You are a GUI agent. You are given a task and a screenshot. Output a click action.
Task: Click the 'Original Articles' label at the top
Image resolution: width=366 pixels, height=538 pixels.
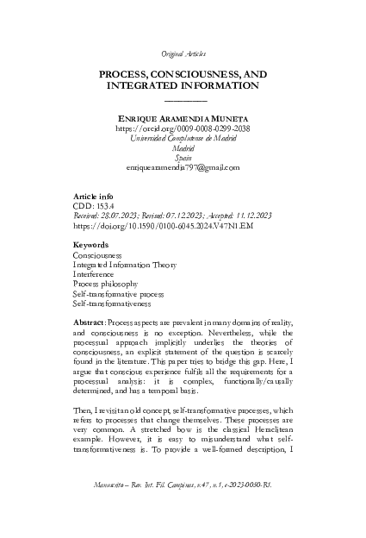coord(182,53)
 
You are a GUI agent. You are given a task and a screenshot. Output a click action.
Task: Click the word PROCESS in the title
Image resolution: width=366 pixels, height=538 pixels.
coord(128,75)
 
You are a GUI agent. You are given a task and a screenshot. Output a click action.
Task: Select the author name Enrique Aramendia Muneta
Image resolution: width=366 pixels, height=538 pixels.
coord(182,116)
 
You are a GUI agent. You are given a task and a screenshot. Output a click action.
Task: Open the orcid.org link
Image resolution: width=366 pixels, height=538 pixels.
coord(182,127)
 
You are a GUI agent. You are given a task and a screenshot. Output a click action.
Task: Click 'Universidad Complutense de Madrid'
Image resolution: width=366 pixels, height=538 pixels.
coord(182,137)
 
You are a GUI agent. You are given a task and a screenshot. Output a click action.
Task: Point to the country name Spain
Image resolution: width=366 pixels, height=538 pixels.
coord(182,157)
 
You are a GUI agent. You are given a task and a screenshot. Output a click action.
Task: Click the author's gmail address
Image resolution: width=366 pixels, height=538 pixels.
coord(182,167)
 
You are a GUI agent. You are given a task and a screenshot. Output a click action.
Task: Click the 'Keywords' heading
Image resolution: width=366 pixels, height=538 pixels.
coord(93,246)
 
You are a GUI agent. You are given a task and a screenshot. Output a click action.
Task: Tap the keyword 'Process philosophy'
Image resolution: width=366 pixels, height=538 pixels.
coord(106,285)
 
